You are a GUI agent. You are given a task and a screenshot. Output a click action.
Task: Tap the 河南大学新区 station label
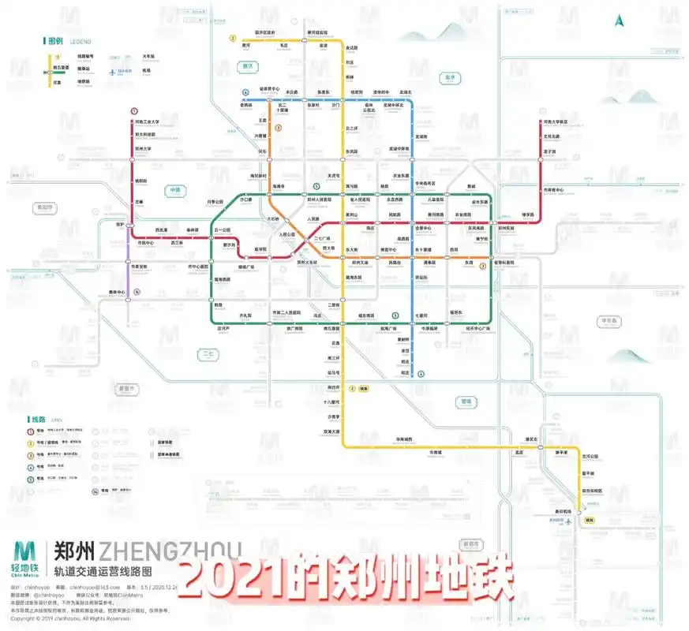[556, 122]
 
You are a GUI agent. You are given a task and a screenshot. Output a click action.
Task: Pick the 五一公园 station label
[223, 230]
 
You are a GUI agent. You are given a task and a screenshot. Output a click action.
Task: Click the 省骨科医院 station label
[504, 262]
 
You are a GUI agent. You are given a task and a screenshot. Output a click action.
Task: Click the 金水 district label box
[451, 77]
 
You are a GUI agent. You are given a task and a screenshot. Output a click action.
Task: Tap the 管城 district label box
[466, 401]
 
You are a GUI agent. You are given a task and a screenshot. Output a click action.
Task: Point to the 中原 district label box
[174, 190]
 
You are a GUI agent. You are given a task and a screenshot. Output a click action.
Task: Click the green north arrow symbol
[620, 21]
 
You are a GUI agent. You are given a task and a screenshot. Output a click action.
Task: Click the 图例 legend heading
[55, 40]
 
